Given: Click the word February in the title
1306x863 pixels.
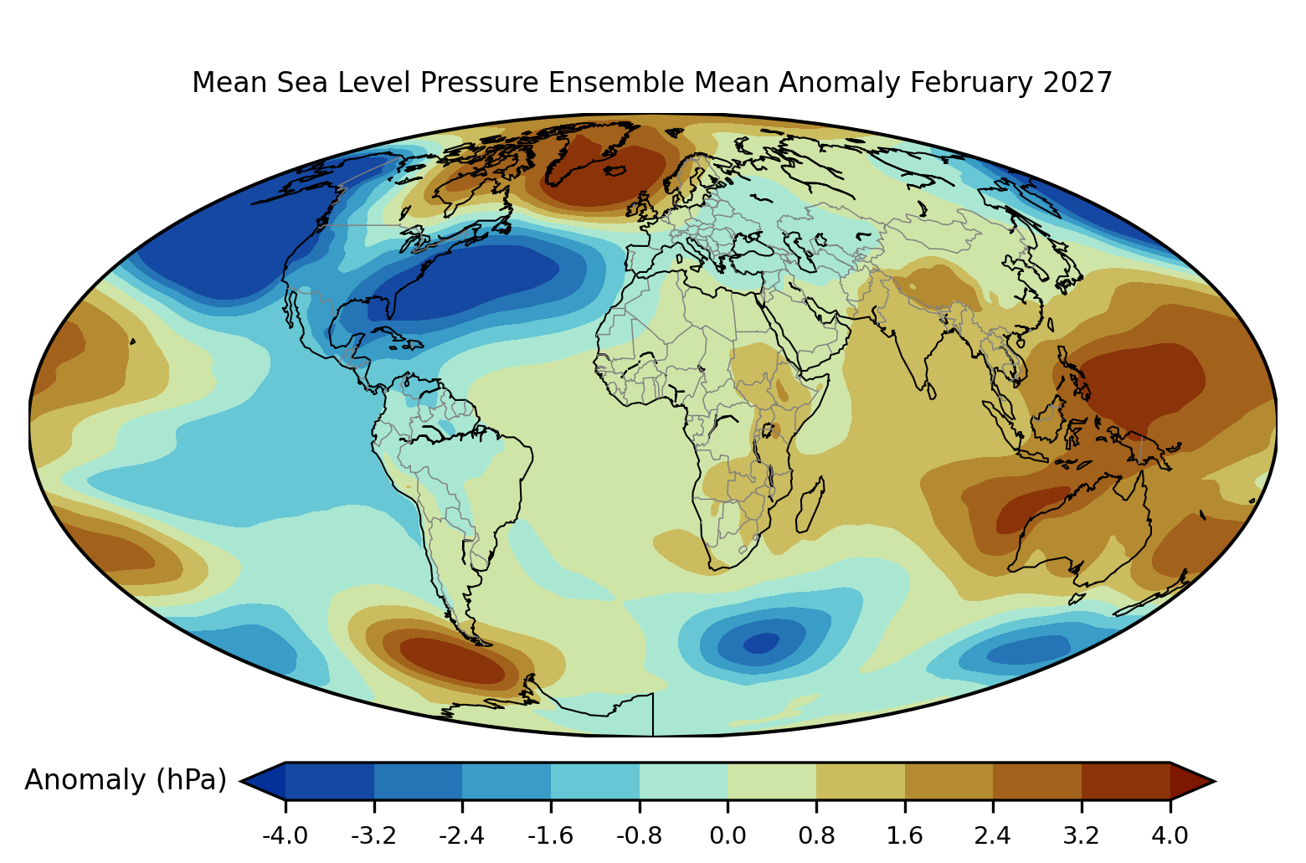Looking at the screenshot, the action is click(x=971, y=83).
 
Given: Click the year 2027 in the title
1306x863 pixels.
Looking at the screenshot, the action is click(x=1077, y=83).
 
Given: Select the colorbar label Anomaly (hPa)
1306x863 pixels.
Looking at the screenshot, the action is click(x=126, y=780).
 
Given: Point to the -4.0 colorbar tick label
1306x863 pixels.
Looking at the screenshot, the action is click(x=285, y=836).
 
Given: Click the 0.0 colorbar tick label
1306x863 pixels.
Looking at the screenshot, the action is click(x=728, y=836).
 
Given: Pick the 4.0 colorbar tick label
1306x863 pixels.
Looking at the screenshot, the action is click(x=1170, y=836).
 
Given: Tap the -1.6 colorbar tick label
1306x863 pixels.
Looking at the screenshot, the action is click(x=550, y=836).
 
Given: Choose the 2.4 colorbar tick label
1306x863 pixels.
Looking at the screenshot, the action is click(x=992, y=836).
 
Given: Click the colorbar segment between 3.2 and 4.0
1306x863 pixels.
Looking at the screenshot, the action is click(x=1126, y=781).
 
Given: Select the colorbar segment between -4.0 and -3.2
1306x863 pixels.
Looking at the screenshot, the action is click(x=330, y=781).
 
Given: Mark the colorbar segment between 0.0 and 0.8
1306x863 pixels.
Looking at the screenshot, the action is click(x=772, y=781).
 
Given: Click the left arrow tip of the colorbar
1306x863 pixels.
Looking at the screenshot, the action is click(x=241, y=781).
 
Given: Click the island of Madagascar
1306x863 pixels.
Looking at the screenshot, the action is click(x=810, y=506).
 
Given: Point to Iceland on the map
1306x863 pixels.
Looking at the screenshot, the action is click(x=616, y=170).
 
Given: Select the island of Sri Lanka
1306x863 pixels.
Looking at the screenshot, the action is click(x=931, y=391).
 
